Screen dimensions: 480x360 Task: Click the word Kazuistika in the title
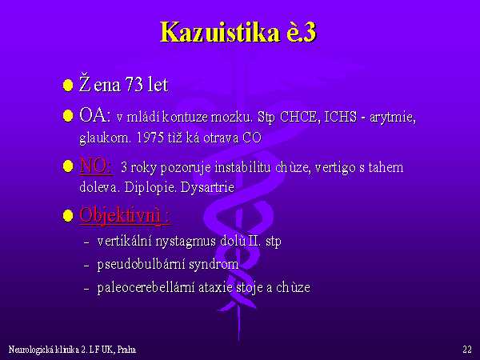coord(220,32)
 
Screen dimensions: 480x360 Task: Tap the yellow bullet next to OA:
coord(68,116)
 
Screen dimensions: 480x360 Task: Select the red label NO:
coord(96,166)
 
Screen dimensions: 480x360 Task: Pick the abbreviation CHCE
coord(298,117)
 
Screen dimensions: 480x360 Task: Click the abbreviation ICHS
coord(341,117)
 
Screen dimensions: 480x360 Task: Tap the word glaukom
coord(105,138)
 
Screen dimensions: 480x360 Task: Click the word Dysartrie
coord(207,187)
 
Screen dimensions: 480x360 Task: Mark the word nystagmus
coord(186,242)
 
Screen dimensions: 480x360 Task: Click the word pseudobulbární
coord(141,264)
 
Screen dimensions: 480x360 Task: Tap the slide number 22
coord(467,350)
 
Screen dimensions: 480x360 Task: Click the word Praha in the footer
coord(126,350)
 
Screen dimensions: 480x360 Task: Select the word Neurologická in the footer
coord(30,350)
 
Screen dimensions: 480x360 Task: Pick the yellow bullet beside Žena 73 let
coord(68,85)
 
